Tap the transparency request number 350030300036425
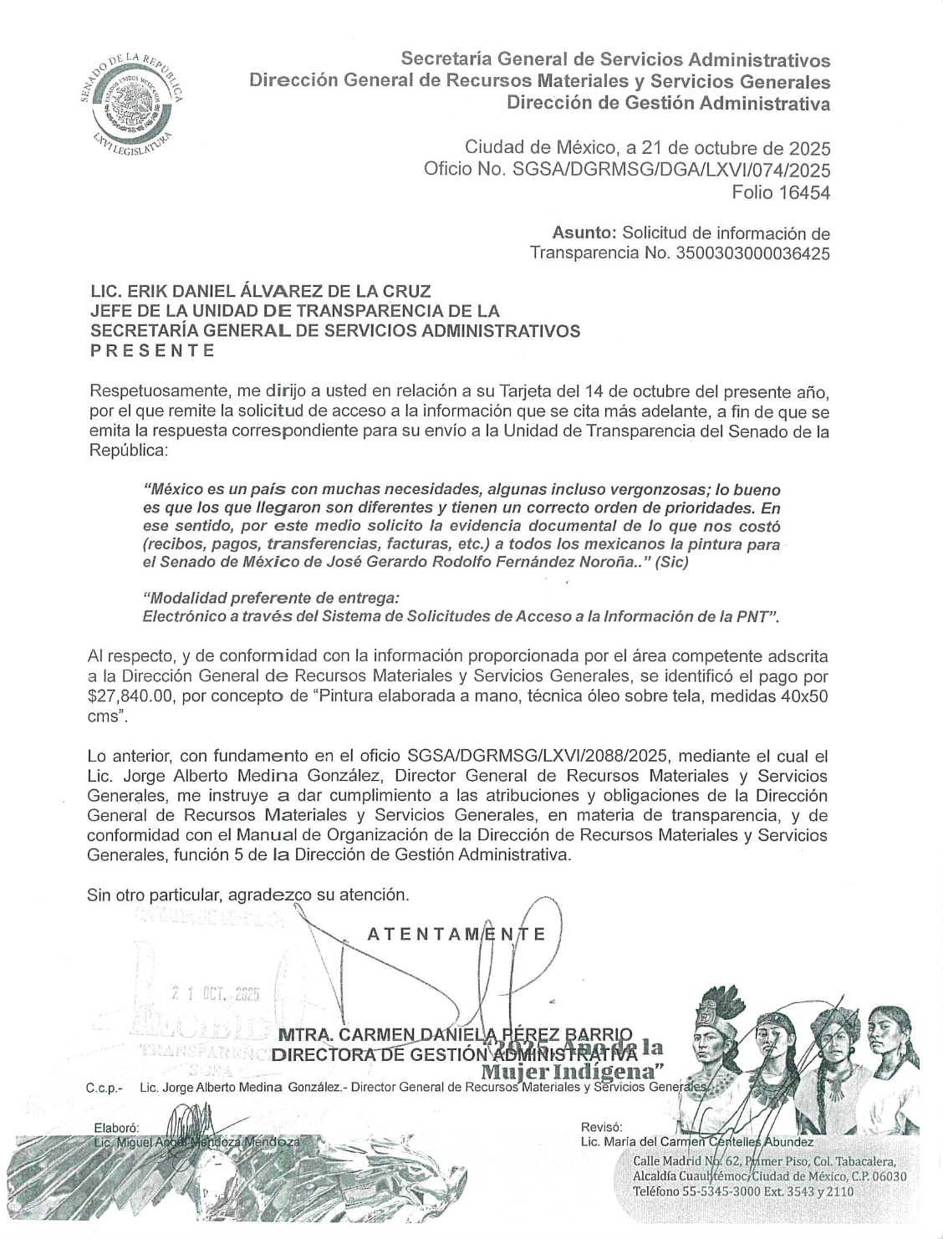coord(751,253)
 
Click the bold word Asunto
coord(584,233)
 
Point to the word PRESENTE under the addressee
coord(152,350)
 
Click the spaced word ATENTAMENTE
coord(457,934)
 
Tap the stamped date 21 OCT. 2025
coord(217,995)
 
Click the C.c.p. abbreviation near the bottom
coord(104,1089)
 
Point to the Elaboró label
coord(116,1128)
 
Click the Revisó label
coord(601,1128)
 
